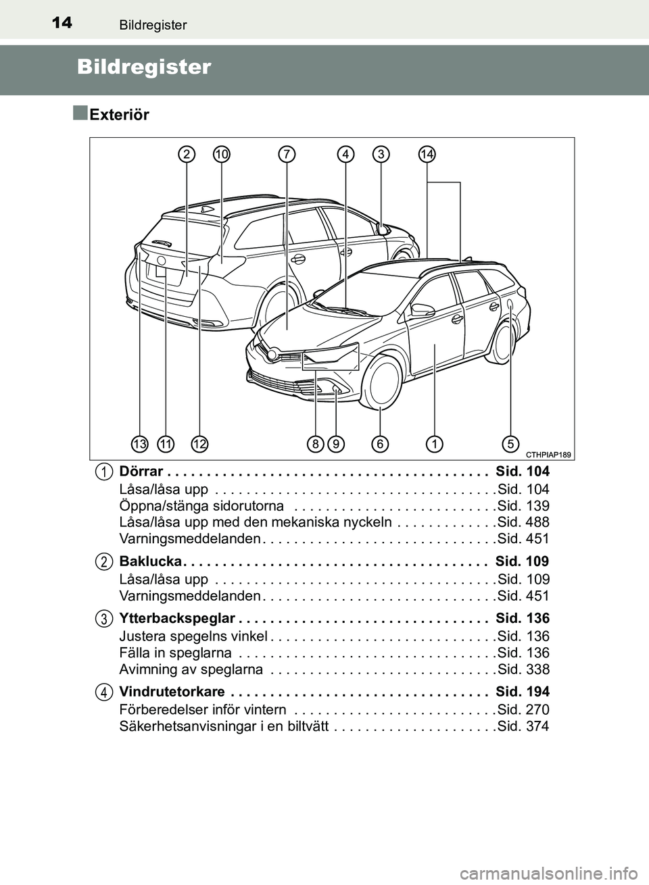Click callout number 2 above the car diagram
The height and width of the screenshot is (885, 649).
pyautogui.click(x=187, y=155)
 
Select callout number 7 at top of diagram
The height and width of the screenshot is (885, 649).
pyautogui.click(x=287, y=155)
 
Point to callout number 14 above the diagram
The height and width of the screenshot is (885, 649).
pyautogui.click(x=427, y=155)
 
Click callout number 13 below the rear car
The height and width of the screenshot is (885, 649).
pyautogui.click(x=140, y=444)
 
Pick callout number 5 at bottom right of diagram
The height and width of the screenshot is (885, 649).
pyautogui.click(x=510, y=444)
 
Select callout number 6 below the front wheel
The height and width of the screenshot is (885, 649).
pyautogui.click(x=380, y=444)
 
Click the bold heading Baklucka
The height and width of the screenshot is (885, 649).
pyautogui.click(x=149, y=561)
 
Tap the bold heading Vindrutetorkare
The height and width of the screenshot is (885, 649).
pyautogui.click(x=172, y=692)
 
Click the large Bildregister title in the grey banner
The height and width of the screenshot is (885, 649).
pyautogui.click(x=144, y=67)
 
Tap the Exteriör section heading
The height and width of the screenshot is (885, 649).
pyautogui.click(x=119, y=115)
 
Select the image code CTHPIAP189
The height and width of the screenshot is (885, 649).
pyautogui.click(x=547, y=455)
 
